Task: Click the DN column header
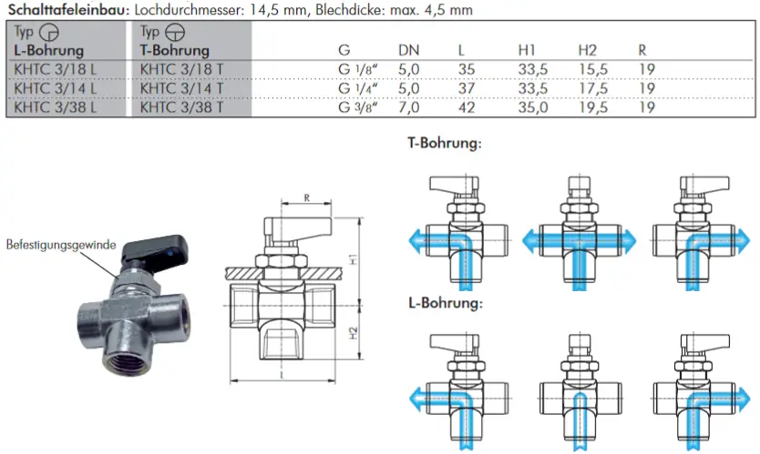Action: (x=409, y=51)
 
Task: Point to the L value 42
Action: (x=467, y=107)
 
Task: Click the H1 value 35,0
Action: (x=532, y=107)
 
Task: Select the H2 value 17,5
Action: (x=592, y=88)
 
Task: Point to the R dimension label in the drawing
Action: (x=308, y=197)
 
